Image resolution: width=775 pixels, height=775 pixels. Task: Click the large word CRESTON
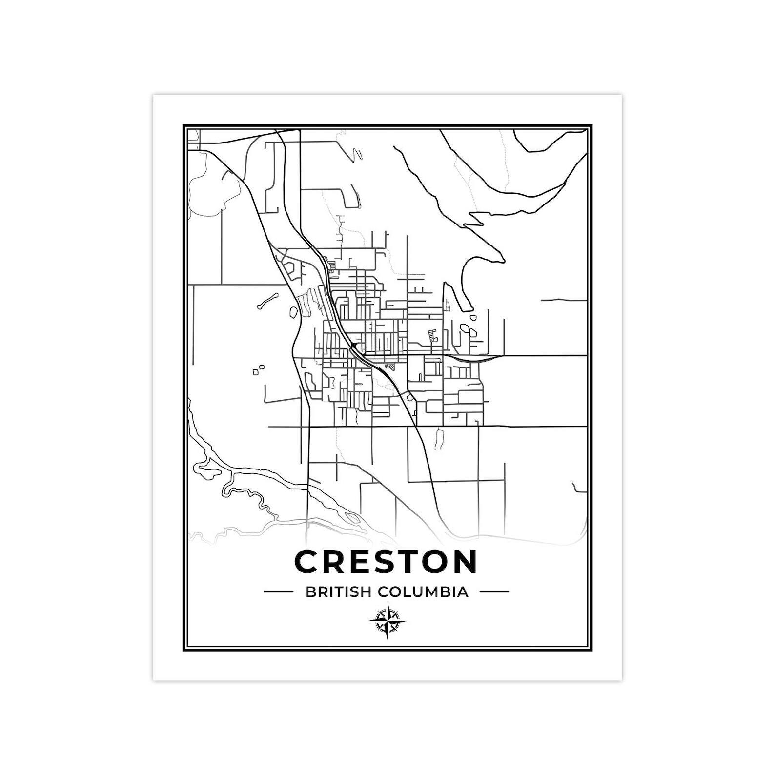[x=386, y=562]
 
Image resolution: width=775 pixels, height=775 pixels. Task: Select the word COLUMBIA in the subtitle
[x=423, y=592]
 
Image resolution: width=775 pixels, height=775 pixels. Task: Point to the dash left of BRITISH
[x=278, y=592]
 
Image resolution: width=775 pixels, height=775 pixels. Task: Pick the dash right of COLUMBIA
[x=494, y=592]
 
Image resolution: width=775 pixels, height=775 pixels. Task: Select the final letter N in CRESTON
[x=464, y=562]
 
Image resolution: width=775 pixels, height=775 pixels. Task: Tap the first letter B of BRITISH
[x=310, y=592]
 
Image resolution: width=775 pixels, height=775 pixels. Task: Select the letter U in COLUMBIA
[x=419, y=592]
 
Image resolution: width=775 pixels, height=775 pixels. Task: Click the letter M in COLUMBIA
[x=434, y=592]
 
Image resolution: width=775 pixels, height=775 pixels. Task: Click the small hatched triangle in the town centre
[x=390, y=366]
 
